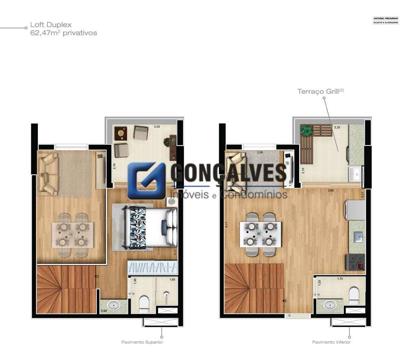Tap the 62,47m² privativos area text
click(x=63, y=33)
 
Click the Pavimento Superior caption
click(x=142, y=342)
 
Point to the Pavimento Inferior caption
click(x=331, y=342)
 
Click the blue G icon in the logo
click(x=146, y=181)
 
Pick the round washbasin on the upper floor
click(x=114, y=306)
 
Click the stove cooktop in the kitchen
click(x=355, y=262)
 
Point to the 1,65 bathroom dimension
click(x=172, y=280)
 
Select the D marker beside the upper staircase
click(x=97, y=276)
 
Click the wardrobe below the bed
click(x=152, y=268)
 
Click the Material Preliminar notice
click(x=386, y=20)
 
